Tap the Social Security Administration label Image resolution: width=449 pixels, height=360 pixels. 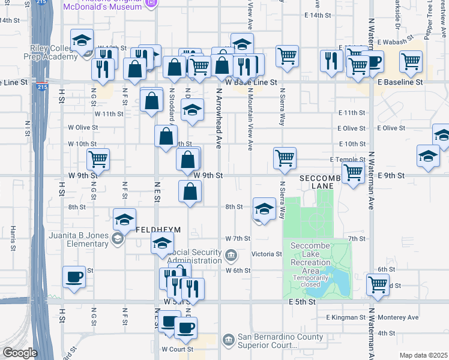tap(190, 256)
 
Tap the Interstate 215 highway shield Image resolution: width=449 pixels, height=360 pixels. tap(41, 87)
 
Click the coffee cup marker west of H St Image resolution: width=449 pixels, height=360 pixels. tap(74, 277)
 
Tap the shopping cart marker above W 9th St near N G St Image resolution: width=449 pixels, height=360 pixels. tap(98, 160)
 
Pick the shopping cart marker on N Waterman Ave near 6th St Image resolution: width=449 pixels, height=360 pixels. tap(378, 284)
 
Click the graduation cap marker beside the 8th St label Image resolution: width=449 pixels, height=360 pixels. tap(264, 209)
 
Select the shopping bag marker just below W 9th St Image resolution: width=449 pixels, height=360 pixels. tap(190, 191)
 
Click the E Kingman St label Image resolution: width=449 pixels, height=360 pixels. tap(346, 317)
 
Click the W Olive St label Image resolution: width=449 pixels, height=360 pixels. tap(82, 127)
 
